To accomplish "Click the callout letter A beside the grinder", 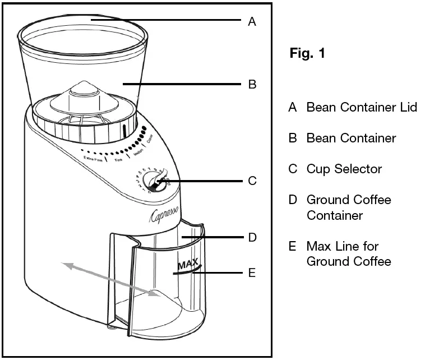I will pyautogui.click(x=252, y=22).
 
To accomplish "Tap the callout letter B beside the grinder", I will pyautogui.click(x=252, y=85).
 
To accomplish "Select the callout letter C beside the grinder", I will pyautogui.click(x=252, y=181).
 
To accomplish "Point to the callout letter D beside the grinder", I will pyautogui.click(x=252, y=237).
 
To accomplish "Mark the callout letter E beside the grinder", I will pyautogui.click(x=252, y=273).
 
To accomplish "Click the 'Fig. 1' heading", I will pyautogui.click(x=307, y=54).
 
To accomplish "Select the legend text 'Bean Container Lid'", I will pyautogui.click(x=362, y=108).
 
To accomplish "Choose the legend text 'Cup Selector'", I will pyautogui.click(x=344, y=169).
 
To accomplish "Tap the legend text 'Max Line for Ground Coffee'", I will pyautogui.click(x=349, y=253).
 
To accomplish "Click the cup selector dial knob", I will pyautogui.click(x=153, y=182).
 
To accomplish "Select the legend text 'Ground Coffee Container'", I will pyautogui.click(x=349, y=207).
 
